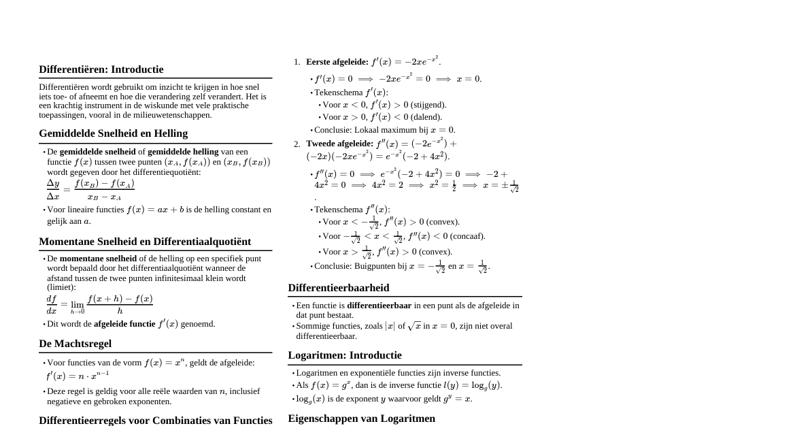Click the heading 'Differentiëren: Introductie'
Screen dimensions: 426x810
tap(101, 69)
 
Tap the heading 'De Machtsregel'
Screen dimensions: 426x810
tap(75, 344)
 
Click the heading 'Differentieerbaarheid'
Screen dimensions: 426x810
tap(338, 288)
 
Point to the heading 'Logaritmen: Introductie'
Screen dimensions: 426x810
tap(344, 355)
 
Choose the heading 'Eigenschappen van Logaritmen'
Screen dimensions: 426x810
tap(361, 419)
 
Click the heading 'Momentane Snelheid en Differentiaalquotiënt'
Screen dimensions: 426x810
tap(145, 242)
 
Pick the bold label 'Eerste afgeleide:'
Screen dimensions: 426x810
tap(337, 62)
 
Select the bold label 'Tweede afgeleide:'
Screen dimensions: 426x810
tap(339, 144)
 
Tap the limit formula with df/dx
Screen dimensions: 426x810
tap(99, 304)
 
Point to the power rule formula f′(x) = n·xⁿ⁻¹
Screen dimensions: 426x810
tap(77, 376)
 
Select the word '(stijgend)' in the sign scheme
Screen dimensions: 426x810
tap(428, 105)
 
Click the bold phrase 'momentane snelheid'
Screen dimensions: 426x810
tap(98, 259)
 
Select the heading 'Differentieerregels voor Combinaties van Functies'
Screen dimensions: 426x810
tap(155, 420)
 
